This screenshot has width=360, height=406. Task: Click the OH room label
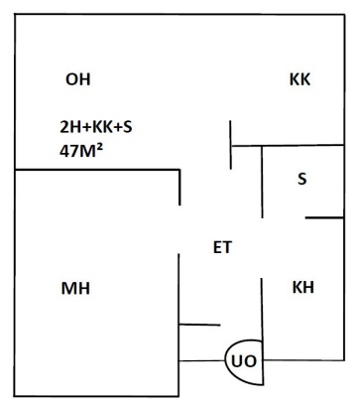(78, 79)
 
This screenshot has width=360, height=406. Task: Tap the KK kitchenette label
(300, 79)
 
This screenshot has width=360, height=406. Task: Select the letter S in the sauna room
(302, 179)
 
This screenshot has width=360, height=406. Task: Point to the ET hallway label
(223, 247)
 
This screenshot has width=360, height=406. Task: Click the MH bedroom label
(75, 288)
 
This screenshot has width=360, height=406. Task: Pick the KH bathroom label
(303, 287)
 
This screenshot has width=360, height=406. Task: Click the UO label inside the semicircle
(244, 361)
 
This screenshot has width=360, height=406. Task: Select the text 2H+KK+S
(96, 127)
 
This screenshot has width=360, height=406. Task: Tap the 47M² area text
(81, 151)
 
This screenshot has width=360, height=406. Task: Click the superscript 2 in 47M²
(99, 149)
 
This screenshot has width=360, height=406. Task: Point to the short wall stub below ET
(199, 325)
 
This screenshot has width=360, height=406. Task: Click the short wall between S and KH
(324, 217)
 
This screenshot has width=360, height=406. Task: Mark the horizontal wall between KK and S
(288, 145)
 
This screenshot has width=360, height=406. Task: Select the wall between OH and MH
(97, 170)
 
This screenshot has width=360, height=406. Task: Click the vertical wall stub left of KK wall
(230, 145)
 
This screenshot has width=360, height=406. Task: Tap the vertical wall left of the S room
(262, 182)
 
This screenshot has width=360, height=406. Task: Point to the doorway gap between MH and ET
(180, 229)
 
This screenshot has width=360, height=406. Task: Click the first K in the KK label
(295, 79)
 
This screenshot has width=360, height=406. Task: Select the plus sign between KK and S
(118, 127)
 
